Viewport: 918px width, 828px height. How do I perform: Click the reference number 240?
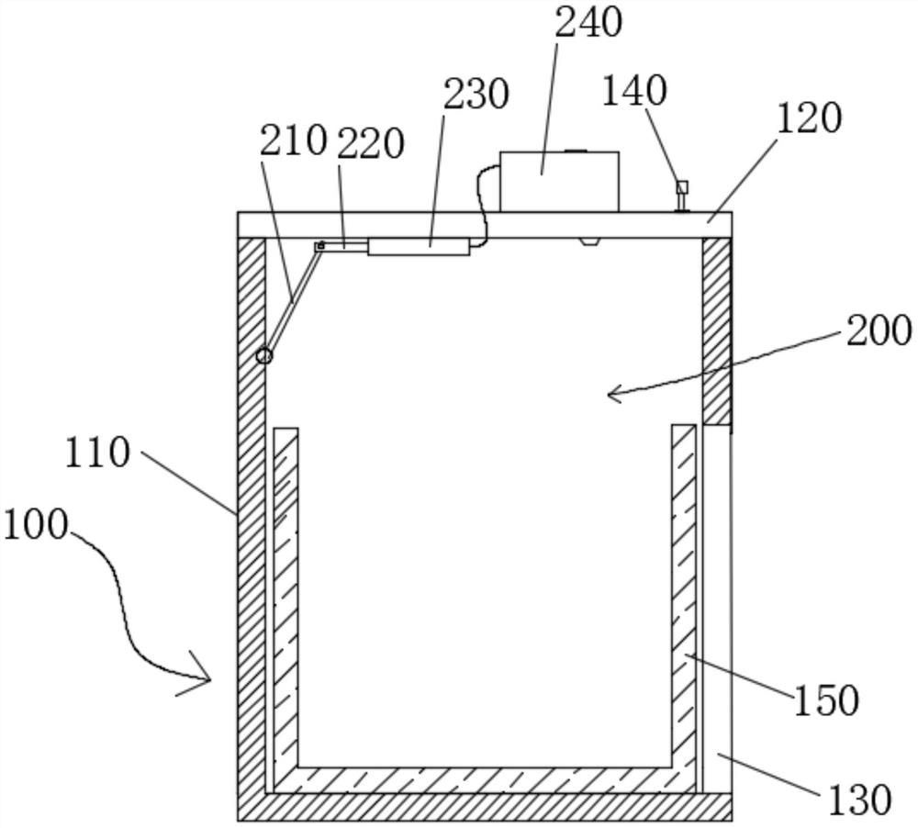588,22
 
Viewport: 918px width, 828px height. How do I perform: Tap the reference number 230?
475,93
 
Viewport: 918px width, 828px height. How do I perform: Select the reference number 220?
370,143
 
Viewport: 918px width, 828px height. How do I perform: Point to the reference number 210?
293,140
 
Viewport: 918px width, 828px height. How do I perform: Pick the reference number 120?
807,117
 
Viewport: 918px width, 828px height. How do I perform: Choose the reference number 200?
879,330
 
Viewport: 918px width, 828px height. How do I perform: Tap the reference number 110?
97,453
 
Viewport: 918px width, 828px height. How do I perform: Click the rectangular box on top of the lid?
559,181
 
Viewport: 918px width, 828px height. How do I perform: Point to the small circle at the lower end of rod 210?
264,355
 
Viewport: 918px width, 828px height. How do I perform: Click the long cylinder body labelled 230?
419,246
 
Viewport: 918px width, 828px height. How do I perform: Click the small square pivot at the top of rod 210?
319,246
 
